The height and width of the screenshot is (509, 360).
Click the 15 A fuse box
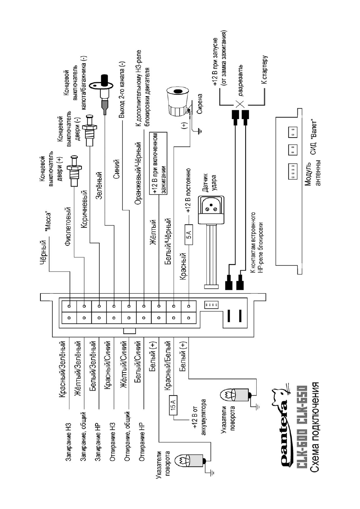coord(173,405)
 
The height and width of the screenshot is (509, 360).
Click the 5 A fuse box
coord(189,235)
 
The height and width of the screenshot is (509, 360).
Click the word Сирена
coord(199,104)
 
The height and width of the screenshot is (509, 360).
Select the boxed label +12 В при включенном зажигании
coord(158,163)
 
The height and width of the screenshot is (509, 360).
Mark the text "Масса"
coord(48,222)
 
